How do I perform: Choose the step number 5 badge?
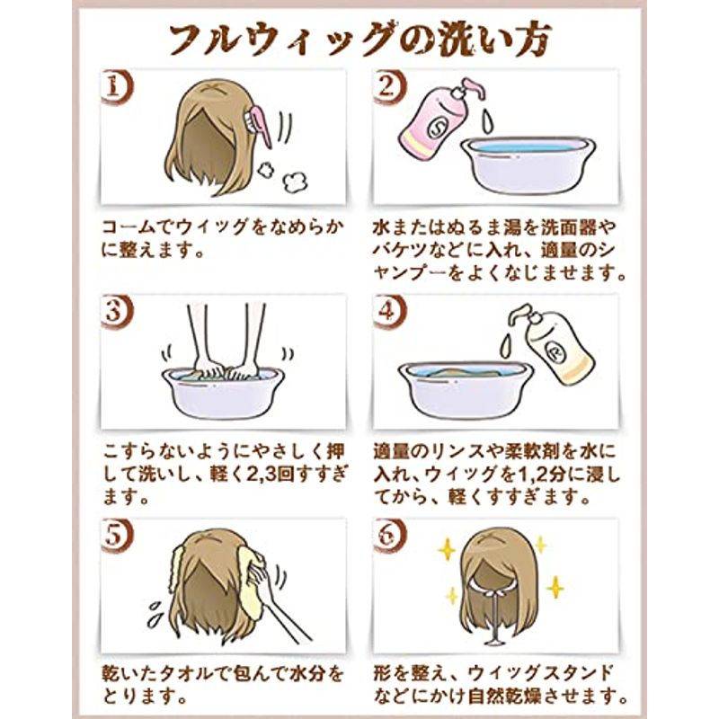pyautogui.click(x=116, y=536)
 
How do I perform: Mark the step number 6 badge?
pyautogui.click(x=389, y=536)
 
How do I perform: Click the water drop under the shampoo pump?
pyautogui.click(x=487, y=121)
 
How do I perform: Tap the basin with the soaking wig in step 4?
pyautogui.click(x=465, y=387)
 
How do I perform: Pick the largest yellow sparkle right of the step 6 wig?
pyautogui.click(x=555, y=587)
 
